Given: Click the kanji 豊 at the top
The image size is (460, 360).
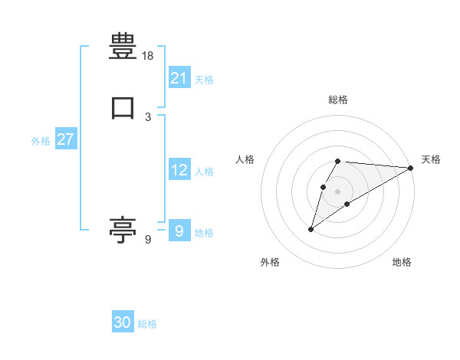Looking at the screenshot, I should (123, 47).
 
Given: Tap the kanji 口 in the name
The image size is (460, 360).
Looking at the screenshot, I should (123, 108).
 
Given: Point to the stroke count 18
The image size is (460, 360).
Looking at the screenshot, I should (148, 56).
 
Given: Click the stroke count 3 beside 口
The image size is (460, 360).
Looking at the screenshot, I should (148, 117).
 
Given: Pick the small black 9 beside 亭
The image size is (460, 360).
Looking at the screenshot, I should (148, 240).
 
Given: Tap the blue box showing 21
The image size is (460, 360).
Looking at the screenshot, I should (179, 78).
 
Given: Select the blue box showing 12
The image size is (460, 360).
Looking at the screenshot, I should (179, 170).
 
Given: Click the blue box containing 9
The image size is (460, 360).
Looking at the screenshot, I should (179, 231).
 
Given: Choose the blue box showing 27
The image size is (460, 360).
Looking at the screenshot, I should (66, 139).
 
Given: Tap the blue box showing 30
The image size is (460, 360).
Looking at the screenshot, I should (123, 322).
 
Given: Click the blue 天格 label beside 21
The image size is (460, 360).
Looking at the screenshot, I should (204, 79).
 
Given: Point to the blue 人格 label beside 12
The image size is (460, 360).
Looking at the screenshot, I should (204, 172).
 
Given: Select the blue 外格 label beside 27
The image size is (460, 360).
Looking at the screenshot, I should (41, 141).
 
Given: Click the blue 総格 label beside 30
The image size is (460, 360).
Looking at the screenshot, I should (147, 324).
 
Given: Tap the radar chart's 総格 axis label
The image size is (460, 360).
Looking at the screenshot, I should (337, 100).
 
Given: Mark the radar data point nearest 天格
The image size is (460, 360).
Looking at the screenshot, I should (411, 168).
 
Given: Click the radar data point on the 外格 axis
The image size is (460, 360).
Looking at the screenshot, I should (311, 228).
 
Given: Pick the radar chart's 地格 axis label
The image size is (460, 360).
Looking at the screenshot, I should (402, 262).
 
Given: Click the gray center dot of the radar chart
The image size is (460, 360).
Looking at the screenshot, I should (337, 191).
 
